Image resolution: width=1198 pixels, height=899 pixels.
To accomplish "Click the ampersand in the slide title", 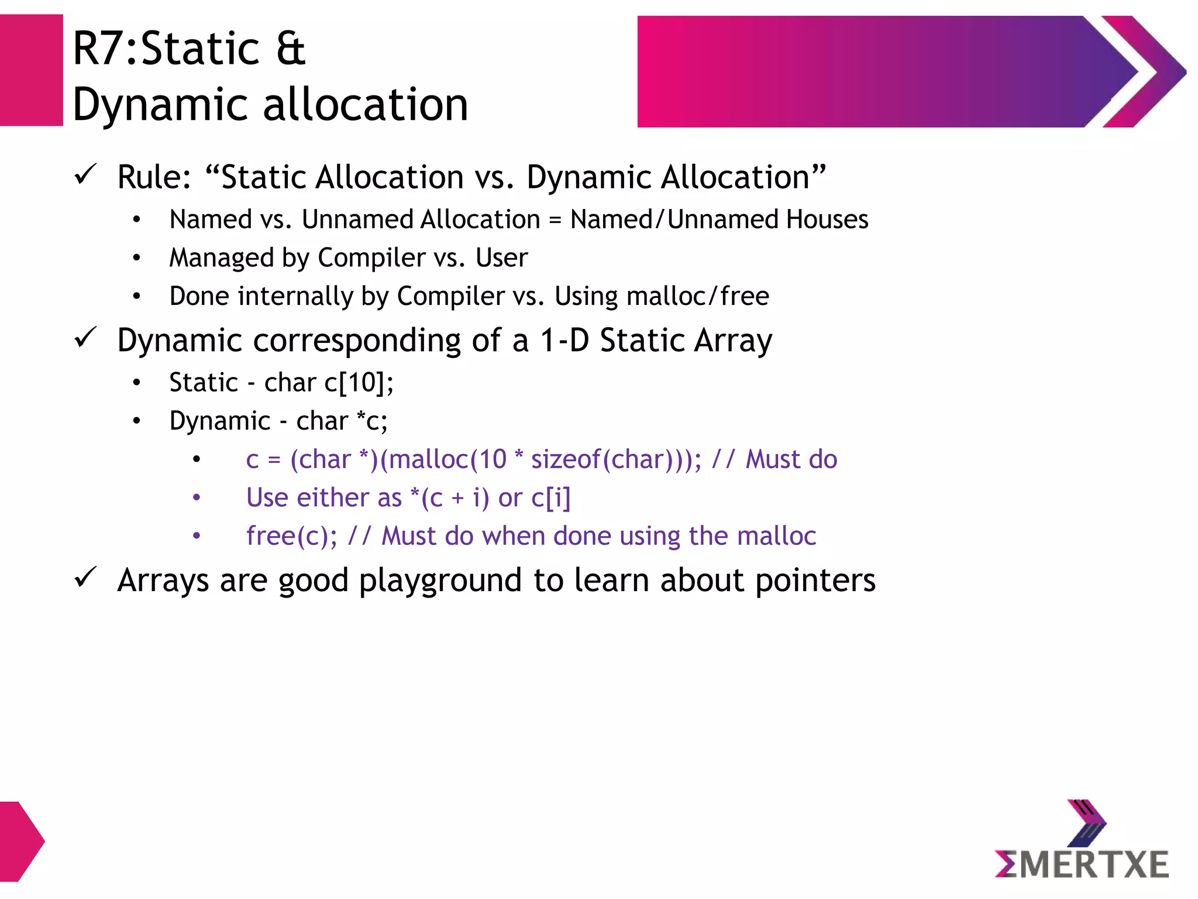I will [291, 49].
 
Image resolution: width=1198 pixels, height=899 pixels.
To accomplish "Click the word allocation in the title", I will [366, 105].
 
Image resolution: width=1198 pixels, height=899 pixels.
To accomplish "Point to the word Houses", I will [827, 219].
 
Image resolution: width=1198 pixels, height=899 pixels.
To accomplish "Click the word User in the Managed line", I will [501, 258].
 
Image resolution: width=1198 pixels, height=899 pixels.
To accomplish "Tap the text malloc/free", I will [697, 296].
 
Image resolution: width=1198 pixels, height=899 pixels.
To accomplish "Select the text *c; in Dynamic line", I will [373, 421].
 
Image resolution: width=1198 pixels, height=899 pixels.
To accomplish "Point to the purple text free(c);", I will [291, 536].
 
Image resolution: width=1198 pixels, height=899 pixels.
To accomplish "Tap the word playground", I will [440, 581].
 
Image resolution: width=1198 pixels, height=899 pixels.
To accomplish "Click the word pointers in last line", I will [815, 581].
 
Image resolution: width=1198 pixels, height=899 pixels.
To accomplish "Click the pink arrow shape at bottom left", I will [20, 841].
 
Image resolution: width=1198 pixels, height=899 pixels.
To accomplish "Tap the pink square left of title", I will [31, 70].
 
